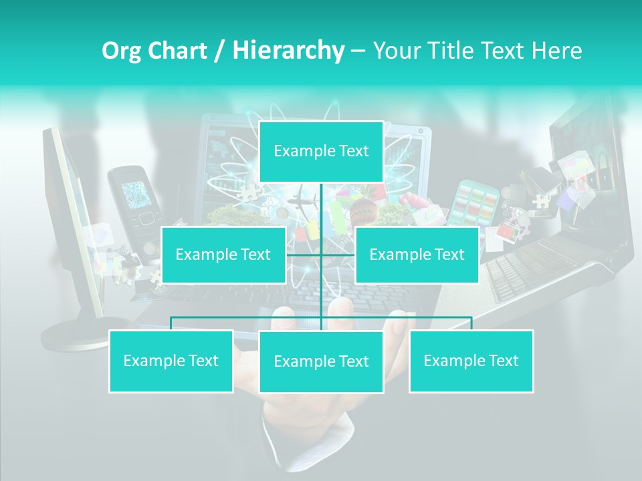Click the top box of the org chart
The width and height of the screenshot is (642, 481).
[x=321, y=151]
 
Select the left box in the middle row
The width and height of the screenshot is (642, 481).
[x=223, y=255]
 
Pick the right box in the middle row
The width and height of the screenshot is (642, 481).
[x=417, y=255]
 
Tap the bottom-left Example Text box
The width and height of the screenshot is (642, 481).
[x=171, y=361]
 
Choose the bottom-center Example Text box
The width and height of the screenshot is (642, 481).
[x=321, y=361]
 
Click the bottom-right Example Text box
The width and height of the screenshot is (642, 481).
[x=471, y=361]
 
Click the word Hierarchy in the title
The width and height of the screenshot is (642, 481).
[x=288, y=50]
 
